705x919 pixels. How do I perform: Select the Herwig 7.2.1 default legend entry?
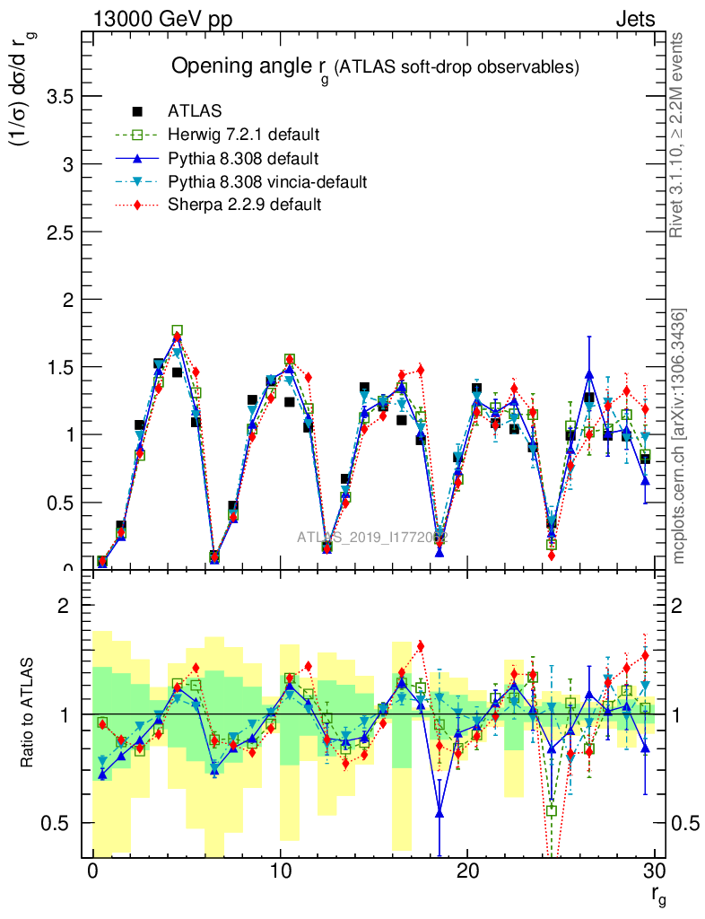point(243,136)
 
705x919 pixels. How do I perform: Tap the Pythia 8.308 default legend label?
point(243,159)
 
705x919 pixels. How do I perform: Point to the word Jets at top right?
point(635,19)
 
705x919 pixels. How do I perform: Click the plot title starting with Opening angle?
point(376,67)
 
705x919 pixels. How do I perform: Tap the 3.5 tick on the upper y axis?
point(60,97)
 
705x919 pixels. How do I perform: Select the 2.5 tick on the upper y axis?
point(60,232)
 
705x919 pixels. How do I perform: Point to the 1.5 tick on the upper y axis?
point(60,367)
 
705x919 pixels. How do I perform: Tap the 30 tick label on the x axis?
point(655,871)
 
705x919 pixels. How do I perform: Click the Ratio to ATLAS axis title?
point(28,713)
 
